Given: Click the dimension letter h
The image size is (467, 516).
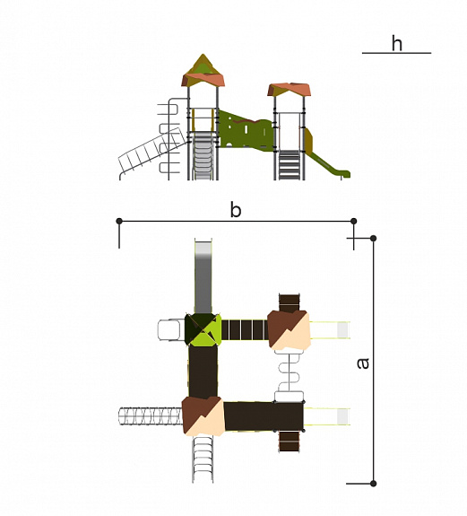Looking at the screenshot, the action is (397, 43).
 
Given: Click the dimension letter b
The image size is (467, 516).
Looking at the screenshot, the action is (236, 210).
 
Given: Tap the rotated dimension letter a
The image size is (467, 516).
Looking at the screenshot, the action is (363, 363).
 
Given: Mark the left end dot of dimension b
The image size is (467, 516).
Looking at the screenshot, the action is (119, 221).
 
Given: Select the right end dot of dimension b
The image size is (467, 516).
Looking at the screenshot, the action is (354, 221).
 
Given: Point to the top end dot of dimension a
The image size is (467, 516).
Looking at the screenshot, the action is (373, 238).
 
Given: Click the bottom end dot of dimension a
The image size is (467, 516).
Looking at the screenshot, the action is (373, 484).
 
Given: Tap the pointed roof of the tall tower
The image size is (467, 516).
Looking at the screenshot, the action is (203, 71).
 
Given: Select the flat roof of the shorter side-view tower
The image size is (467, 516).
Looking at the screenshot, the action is (290, 90).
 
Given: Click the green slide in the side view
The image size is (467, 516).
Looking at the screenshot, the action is (327, 164).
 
